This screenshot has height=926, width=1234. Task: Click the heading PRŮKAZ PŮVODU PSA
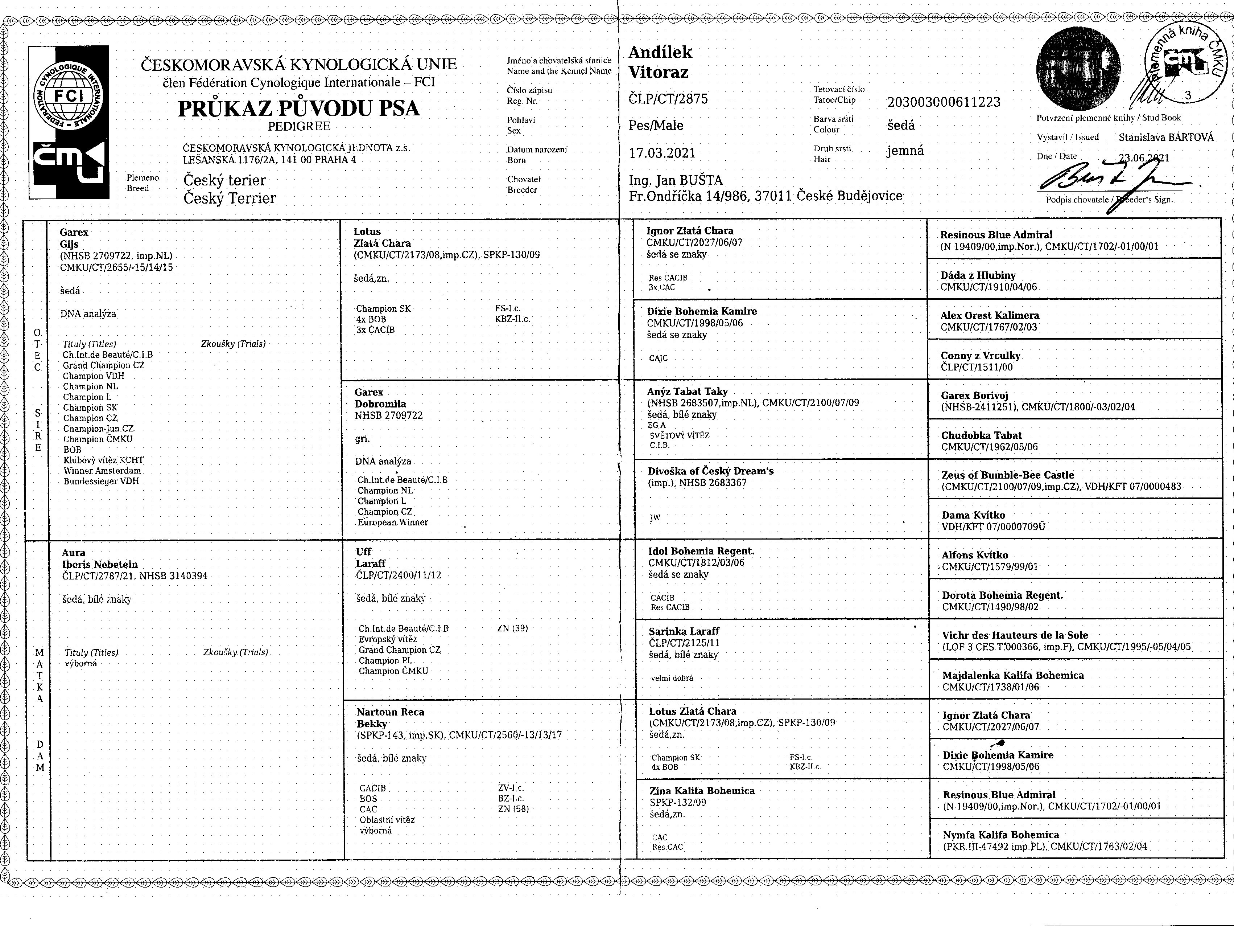coord(298,108)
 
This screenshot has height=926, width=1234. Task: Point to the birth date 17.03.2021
coord(662,153)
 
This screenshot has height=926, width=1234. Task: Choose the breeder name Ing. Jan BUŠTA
coord(676,180)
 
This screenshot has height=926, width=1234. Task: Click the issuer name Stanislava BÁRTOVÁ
coord(1166,137)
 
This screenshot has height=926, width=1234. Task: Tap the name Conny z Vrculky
coord(980,356)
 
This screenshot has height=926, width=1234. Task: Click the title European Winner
coord(393,523)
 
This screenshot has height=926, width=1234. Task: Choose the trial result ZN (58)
coord(513,809)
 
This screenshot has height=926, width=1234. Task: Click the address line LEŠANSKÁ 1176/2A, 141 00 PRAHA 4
coord(269,160)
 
